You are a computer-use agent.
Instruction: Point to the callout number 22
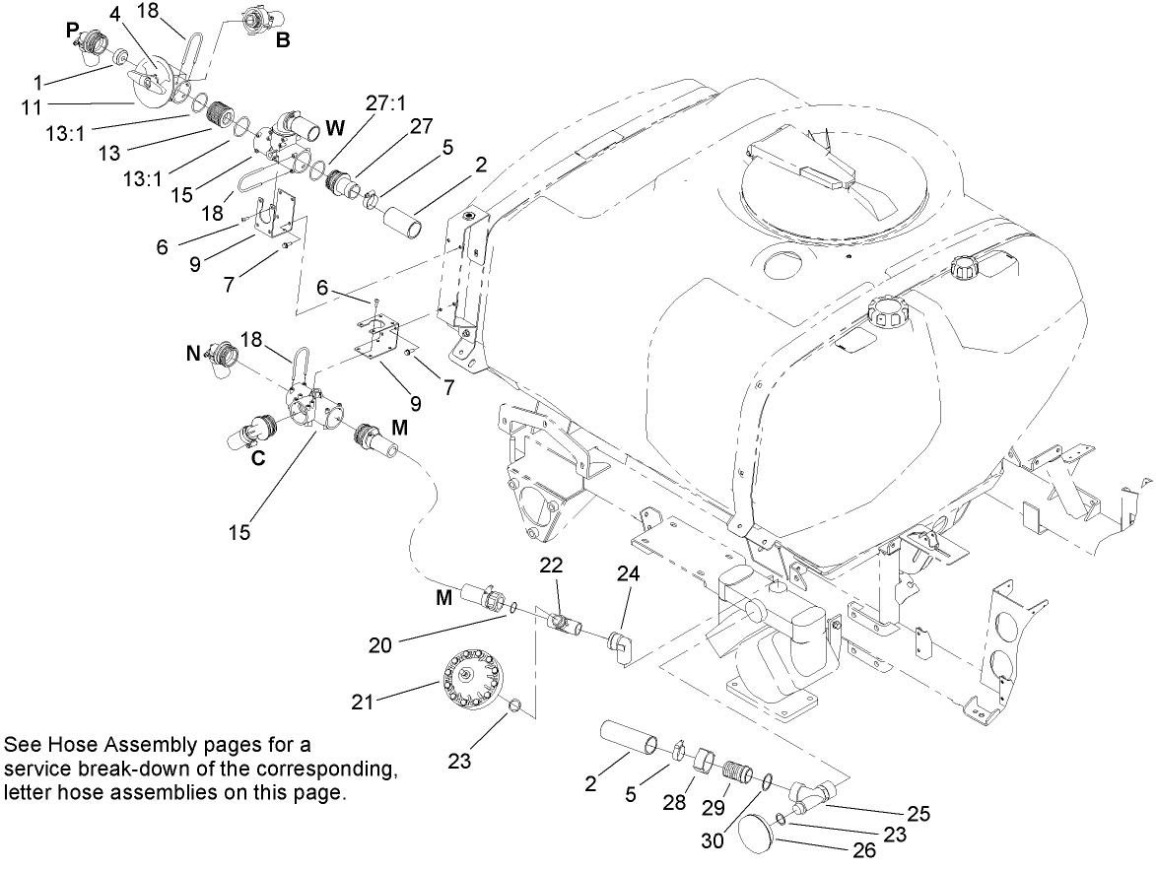coord(552,564)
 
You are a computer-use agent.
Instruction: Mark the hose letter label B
coord(282,41)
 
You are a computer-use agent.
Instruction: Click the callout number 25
coord(918,814)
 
